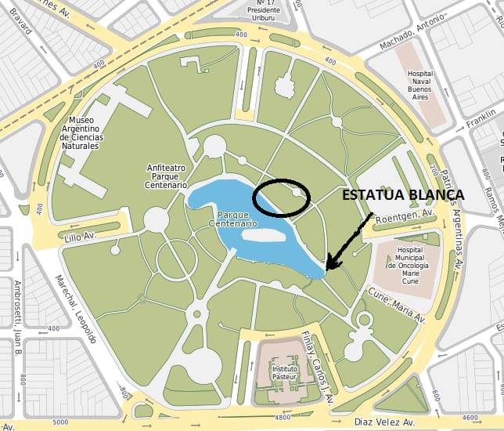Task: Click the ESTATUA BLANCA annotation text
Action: pos(403,196)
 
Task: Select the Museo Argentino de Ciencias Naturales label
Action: pos(79,132)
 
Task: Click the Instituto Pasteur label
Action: pos(286,372)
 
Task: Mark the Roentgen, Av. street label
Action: pos(405,217)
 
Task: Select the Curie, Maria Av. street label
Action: pos(398,304)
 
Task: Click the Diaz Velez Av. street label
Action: pos(384,421)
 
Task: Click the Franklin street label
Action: pos(481,119)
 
